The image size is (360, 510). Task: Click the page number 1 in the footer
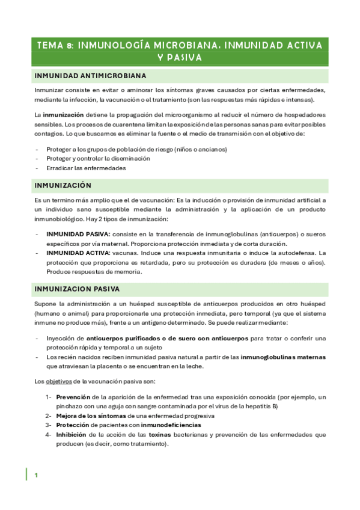36,475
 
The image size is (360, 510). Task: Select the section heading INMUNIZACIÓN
63,185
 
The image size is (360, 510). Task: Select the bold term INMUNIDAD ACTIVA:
77,253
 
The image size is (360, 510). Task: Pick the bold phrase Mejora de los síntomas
90,416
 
